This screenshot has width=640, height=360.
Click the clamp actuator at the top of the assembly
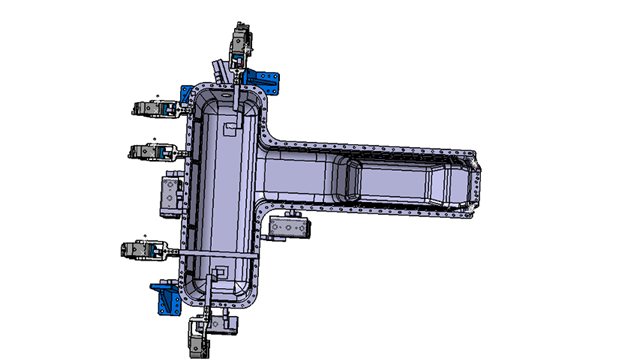[241, 46]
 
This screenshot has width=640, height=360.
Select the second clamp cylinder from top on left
[155, 151]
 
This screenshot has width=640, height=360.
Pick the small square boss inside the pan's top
[231, 128]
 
